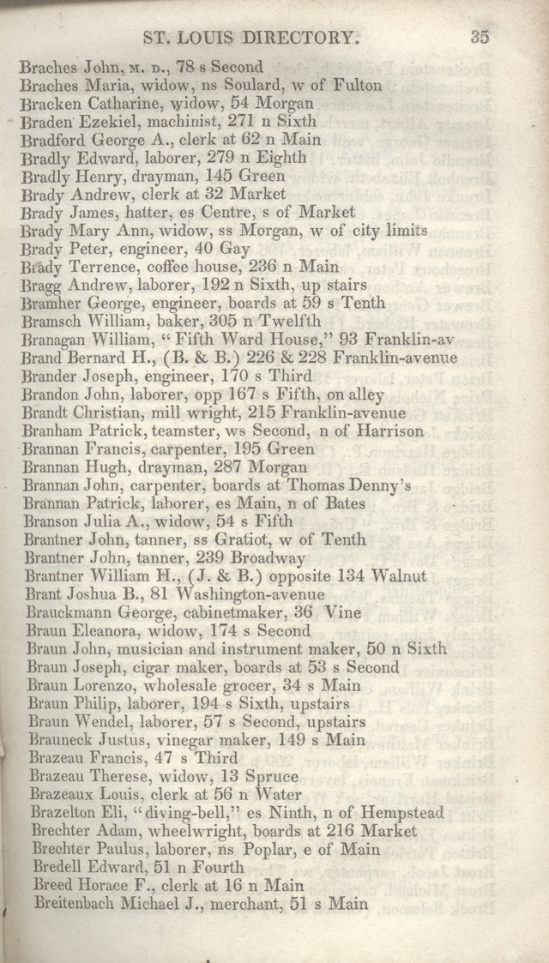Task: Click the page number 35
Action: click(x=479, y=37)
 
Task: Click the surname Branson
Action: click(x=54, y=521)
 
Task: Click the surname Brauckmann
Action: click(x=69, y=612)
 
